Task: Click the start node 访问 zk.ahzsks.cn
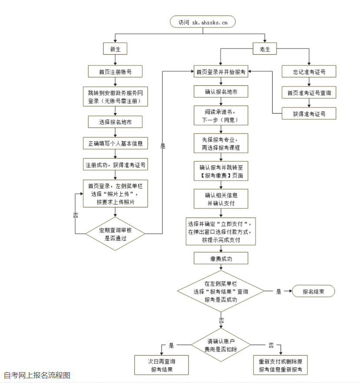pos(202,22)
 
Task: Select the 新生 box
pos(115,49)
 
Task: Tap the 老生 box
pos(265,49)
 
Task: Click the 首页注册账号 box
pos(115,72)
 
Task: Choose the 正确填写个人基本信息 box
pos(115,143)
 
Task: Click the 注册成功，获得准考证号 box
pos(115,165)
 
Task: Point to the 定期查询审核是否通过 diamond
pos(115,234)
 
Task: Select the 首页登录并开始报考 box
pos(221,72)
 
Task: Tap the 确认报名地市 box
pos(221,92)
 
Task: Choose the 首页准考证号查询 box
pos(309,93)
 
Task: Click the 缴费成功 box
pos(221,259)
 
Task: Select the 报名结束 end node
pos(313,291)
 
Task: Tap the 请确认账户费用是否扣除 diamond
pos(221,344)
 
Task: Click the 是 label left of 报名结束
pos(279,291)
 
